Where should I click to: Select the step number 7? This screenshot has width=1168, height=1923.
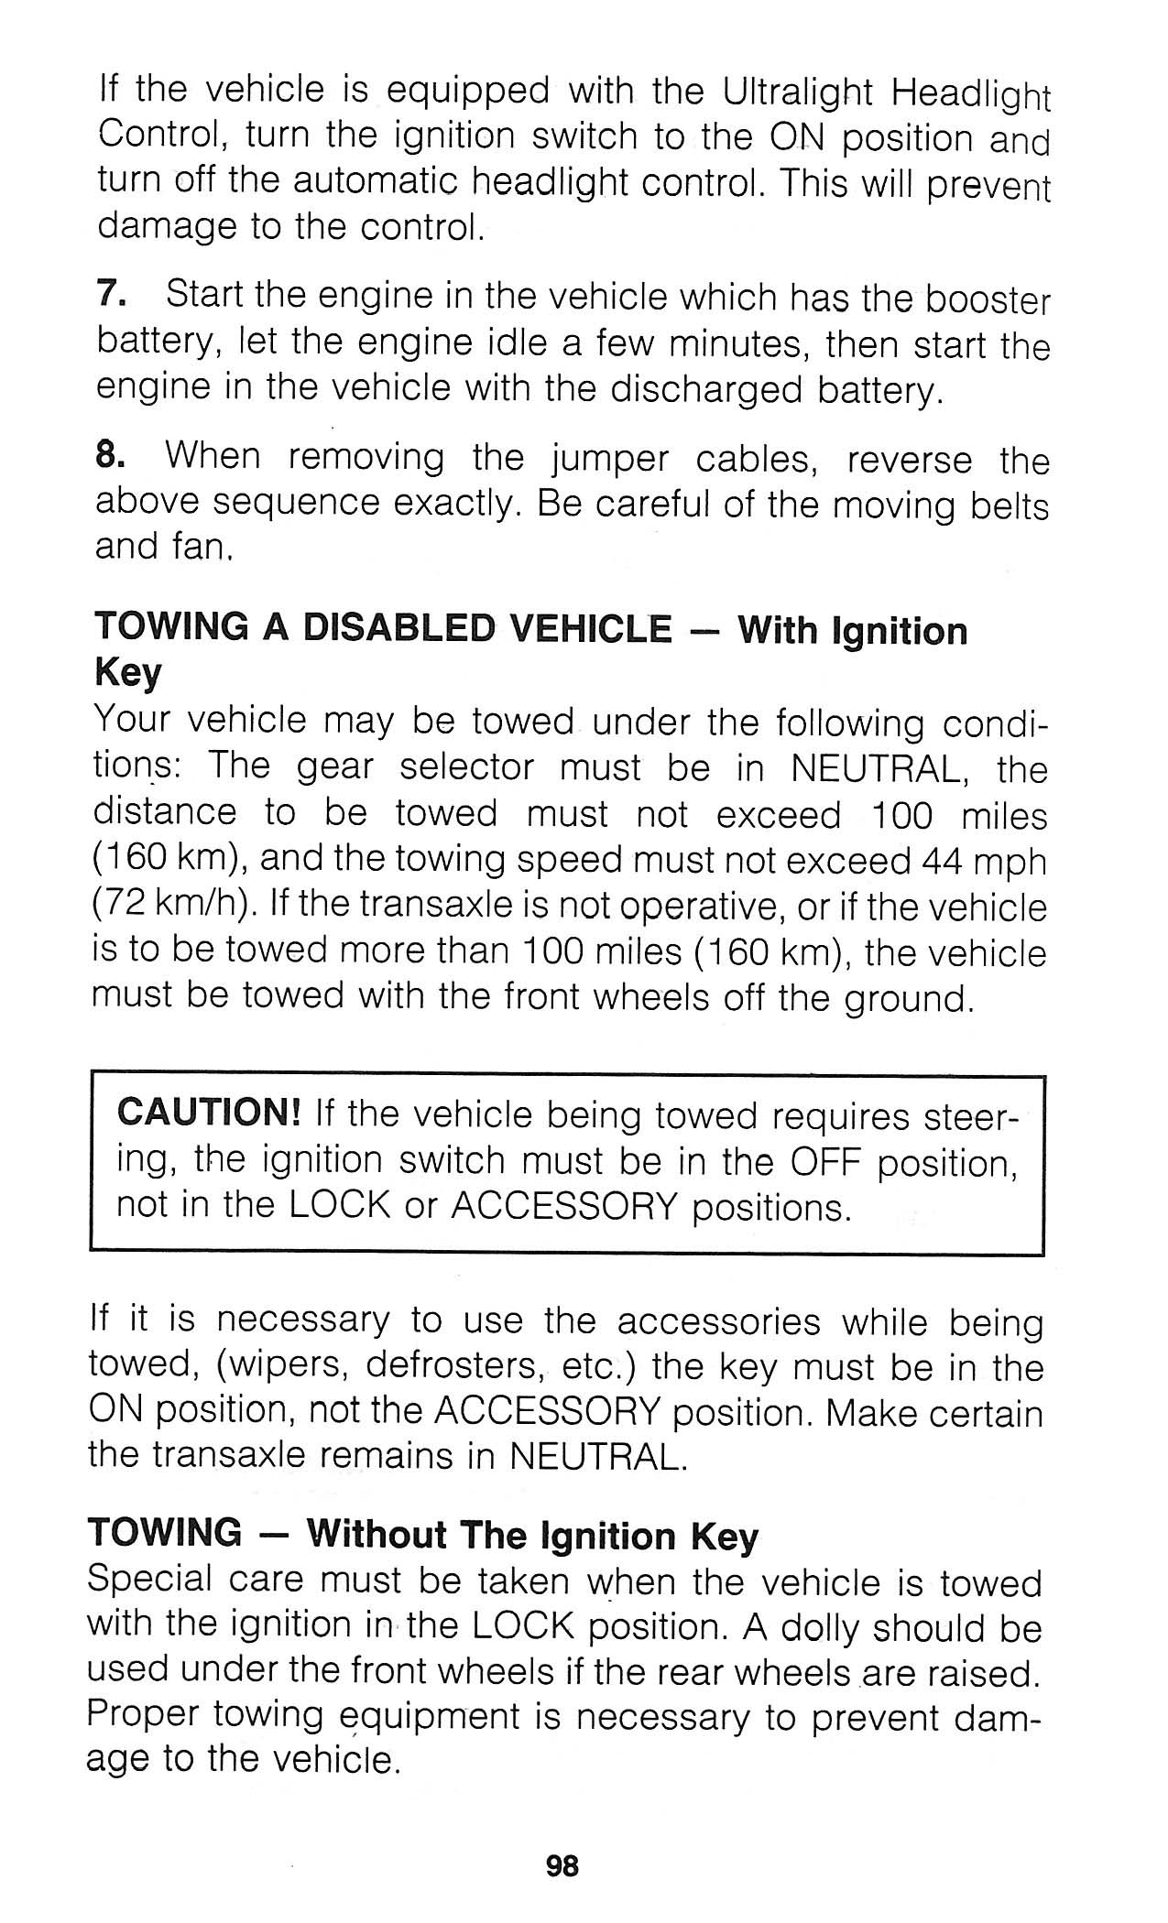pos(109,296)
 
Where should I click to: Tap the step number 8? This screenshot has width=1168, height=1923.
pos(109,455)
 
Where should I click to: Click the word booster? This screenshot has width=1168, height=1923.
pos(987,300)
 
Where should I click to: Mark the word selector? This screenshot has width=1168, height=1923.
pos(467,767)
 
